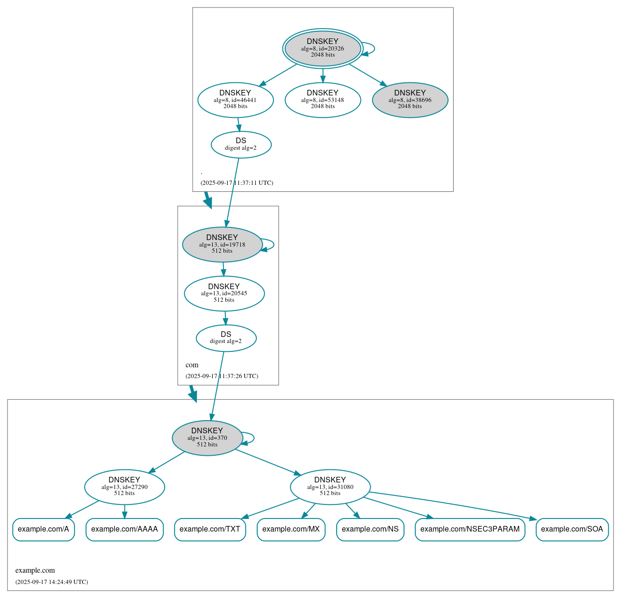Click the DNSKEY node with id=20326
[323, 48]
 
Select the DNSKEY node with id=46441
[235, 100]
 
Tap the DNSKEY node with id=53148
[323, 100]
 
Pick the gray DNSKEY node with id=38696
[410, 100]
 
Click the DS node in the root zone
[241, 145]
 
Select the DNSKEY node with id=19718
[222, 244]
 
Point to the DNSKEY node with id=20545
[224, 293]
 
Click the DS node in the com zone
[226, 338]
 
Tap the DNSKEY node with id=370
[207, 438]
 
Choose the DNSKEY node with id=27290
[124, 487]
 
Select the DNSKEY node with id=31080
[330, 487]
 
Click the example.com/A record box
[43, 529]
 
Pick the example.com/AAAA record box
[124, 529]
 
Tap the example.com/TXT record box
[210, 529]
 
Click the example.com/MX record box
[291, 529]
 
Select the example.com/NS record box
[370, 529]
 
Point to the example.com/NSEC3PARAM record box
[470, 529]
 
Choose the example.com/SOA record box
[572, 529]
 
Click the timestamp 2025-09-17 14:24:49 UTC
[51, 582]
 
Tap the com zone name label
[192, 365]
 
